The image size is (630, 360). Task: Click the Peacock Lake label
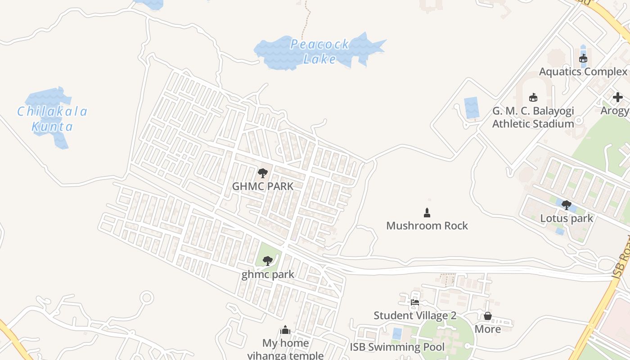(x=319, y=51)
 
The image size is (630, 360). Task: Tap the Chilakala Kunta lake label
(x=52, y=119)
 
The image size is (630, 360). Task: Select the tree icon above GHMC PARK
(x=263, y=173)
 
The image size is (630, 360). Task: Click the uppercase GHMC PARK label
(x=263, y=186)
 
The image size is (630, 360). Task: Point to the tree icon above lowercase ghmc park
(x=268, y=261)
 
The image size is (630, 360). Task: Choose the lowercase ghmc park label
(x=268, y=274)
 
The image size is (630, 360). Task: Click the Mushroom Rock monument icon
(x=427, y=212)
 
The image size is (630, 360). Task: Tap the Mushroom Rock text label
(x=427, y=225)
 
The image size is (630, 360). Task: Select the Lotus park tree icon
(x=567, y=205)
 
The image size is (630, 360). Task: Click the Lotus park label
(x=567, y=218)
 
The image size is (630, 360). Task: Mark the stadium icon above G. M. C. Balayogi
(x=533, y=97)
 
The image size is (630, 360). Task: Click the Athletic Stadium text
(x=533, y=123)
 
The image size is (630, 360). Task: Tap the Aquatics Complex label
(x=583, y=72)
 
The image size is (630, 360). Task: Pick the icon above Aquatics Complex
(x=583, y=58)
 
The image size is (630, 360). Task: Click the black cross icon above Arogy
(x=617, y=97)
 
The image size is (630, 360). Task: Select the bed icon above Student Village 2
(x=415, y=302)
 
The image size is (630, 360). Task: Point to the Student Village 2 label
(x=415, y=315)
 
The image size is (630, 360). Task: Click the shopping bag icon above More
(x=488, y=316)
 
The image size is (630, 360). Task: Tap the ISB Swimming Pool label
(x=397, y=347)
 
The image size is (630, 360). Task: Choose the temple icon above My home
(x=285, y=330)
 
